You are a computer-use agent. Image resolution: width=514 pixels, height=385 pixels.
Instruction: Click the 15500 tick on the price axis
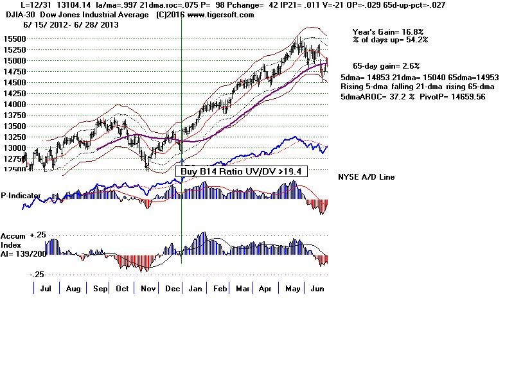13,38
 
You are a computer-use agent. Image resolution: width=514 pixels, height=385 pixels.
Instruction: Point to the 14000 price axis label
13,104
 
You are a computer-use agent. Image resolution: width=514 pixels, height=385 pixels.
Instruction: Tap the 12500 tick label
13,169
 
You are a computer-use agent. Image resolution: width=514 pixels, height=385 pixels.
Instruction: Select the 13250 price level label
13,137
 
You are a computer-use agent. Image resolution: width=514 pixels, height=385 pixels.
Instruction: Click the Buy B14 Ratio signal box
241,171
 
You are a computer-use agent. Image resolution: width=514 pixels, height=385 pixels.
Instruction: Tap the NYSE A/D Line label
366,176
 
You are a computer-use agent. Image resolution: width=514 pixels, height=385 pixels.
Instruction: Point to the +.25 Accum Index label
39,235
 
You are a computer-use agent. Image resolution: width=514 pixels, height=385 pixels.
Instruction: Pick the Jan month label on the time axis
195,289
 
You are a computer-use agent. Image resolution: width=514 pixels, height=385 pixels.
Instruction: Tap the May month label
293,289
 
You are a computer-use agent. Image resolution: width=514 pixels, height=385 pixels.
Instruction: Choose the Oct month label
121,289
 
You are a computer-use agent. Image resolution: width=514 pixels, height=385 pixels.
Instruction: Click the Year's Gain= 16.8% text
387,31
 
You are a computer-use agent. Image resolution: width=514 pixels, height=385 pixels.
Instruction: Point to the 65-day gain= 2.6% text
385,65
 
